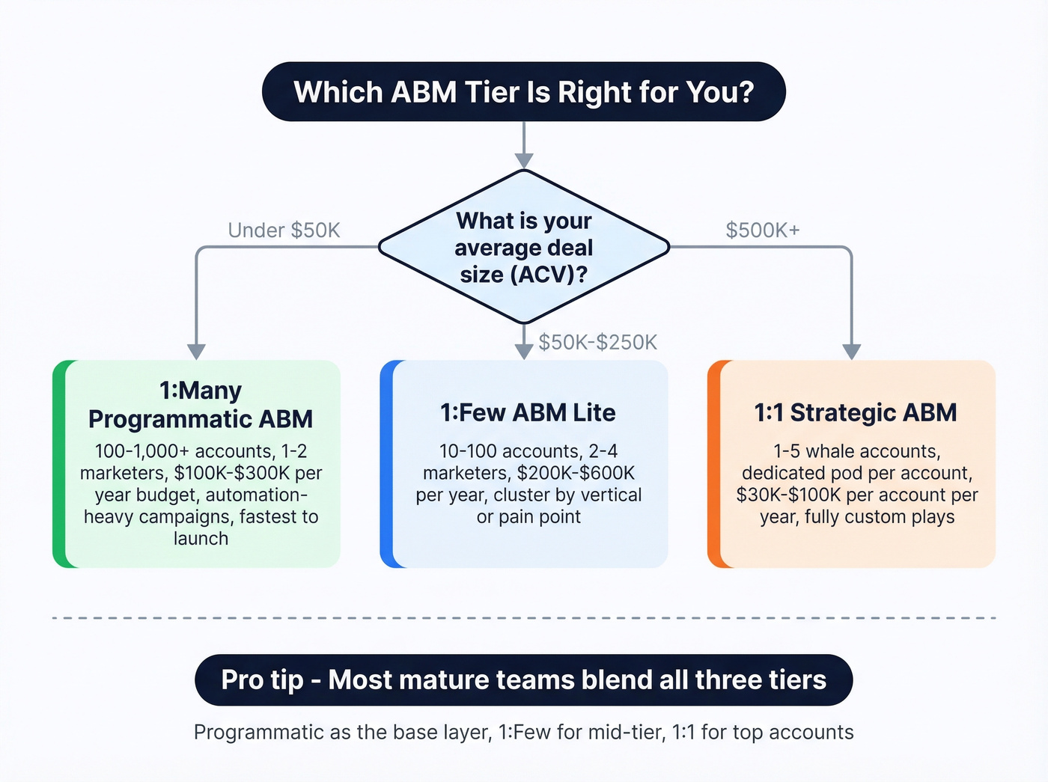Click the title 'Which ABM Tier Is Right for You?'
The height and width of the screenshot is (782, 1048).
tap(523, 92)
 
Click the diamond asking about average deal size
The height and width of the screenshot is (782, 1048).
tap(523, 247)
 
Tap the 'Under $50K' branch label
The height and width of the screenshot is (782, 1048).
tap(284, 230)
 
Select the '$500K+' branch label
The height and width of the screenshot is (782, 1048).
tap(762, 230)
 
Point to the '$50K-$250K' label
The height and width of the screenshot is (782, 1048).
tap(597, 342)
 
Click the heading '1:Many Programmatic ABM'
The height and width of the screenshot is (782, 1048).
tap(201, 404)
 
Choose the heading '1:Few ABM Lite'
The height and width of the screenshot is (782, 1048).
tap(528, 412)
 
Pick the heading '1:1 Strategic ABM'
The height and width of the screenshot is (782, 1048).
tap(855, 412)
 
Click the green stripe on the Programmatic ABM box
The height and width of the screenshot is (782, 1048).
tap(59, 464)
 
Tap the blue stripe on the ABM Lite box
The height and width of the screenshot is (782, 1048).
tap(386, 464)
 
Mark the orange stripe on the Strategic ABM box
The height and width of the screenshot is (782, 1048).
tap(713, 464)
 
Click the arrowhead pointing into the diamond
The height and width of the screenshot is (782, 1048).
tap(524, 160)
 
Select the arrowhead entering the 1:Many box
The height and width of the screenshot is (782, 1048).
tap(196, 352)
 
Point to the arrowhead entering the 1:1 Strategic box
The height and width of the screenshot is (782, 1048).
tap(851, 352)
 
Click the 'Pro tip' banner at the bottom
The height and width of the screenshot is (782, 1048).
tap(523, 679)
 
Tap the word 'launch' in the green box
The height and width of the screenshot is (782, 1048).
tap(201, 538)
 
